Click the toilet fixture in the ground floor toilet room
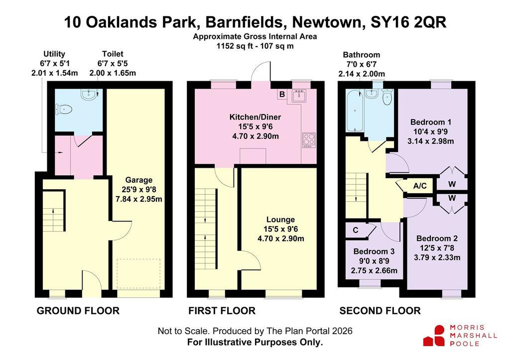tap(64, 109)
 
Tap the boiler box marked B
tap(282, 94)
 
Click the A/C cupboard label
tap(419, 186)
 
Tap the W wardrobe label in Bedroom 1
tap(452, 184)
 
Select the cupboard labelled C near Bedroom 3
tap(356, 230)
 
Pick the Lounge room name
tap(281, 220)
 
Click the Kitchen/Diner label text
tap(255, 117)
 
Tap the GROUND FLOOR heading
tap(78, 311)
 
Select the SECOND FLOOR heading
tap(380, 311)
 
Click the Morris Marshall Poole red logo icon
tap(434, 336)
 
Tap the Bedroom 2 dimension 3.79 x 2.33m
tap(437, 257)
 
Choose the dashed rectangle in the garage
tap(138, 273)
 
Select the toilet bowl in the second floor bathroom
tap(387, 98)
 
